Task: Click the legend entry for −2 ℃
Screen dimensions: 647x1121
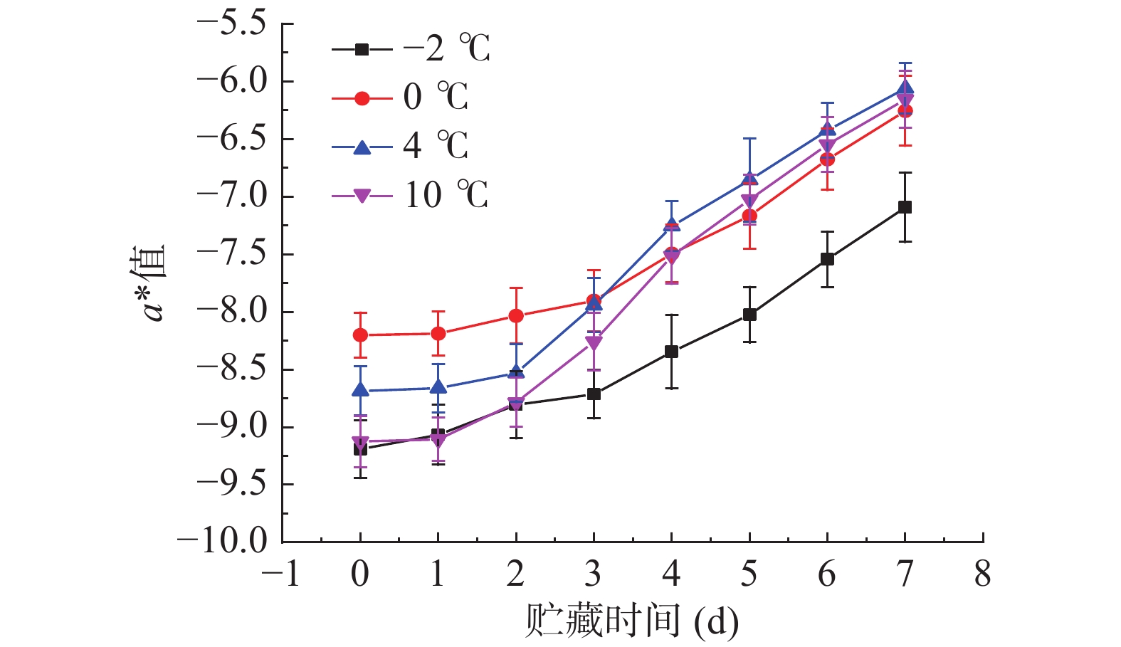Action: click(x=411, y=49)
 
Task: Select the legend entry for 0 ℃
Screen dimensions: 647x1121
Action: click(x=401, y=98)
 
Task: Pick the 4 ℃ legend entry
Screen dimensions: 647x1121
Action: click(x=401, y=147)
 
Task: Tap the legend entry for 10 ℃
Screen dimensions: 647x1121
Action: click(x=411, y=195)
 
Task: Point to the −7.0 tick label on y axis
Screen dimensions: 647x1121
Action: click(x=231, y=196)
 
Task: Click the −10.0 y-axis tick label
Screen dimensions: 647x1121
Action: click(x=222, y=542)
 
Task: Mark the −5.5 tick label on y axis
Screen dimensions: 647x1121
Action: click(x=231, y=23)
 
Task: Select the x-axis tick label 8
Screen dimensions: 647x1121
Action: click(x=982, y=574)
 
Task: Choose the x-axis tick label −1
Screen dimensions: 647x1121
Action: click(x=282, y=574)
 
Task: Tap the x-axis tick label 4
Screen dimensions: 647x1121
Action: click(x=671, y=574)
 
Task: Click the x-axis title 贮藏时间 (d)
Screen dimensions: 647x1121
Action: click(x=631, y=621)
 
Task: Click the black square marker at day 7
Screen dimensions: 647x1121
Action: click(x=905, y=207)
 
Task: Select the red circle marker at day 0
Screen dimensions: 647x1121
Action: click(x=360, y=335)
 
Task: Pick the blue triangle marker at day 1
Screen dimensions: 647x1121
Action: click(x=438, y=387)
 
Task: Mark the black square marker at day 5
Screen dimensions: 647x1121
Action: click(x=749, y=315)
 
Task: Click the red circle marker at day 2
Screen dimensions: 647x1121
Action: click(x=516, y=316)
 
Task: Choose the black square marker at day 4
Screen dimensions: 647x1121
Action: click(x=671, y=352)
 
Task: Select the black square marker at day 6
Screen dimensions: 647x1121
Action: click(x=827, y=259)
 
